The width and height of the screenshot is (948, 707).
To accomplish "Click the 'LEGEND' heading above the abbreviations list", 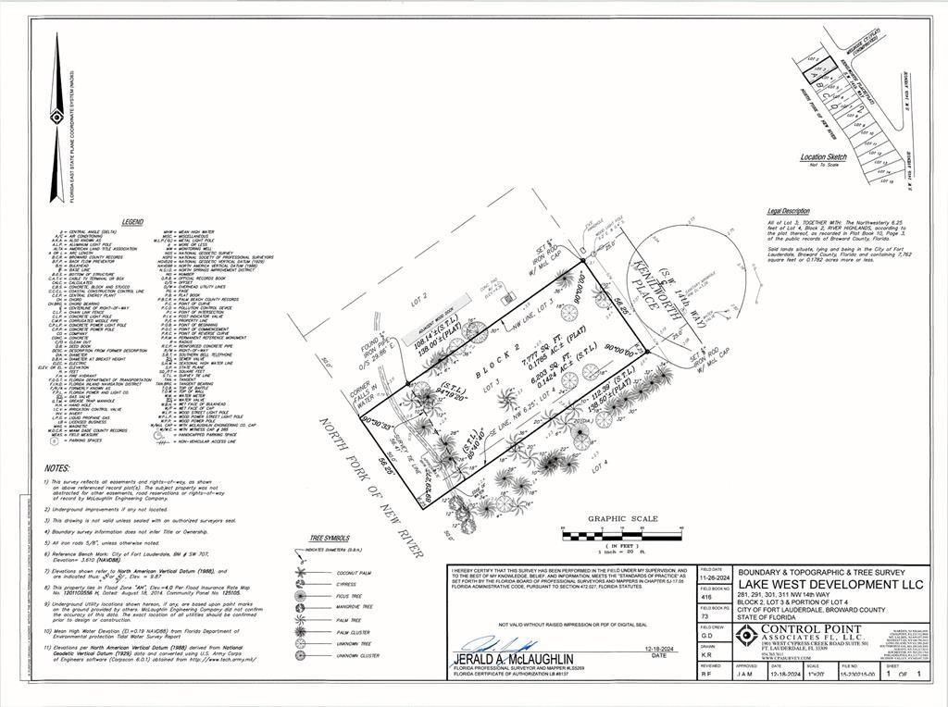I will coord(133,222).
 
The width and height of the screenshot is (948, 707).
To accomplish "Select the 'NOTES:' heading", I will coord(56,469).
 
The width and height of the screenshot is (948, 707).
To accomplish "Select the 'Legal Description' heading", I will coord(789,211).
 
